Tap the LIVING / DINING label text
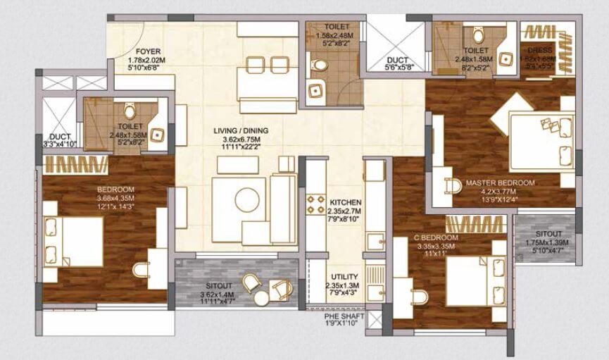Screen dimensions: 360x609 click(241, 131)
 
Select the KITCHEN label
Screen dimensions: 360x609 click(345, 202)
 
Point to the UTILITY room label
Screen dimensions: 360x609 click(344, 277)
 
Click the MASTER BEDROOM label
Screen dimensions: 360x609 click(500, 183)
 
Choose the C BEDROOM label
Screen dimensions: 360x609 click(437, 238)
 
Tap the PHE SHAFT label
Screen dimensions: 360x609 click(339, 318)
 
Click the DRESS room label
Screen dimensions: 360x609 click(541, 51)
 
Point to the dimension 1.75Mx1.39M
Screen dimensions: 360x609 click(548, 242)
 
